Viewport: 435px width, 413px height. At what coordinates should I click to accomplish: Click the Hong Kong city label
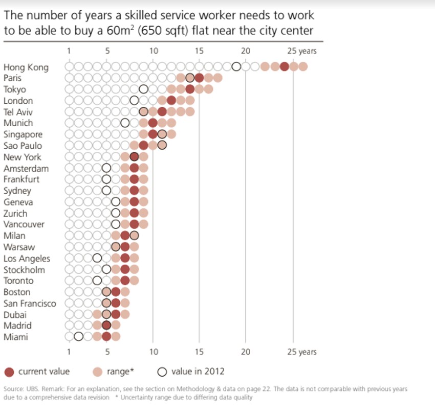tap(26, 67)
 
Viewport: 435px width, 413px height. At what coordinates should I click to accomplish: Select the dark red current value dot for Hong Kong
tap(285, 66)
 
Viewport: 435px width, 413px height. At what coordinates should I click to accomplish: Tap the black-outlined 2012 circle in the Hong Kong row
tap(236, 66)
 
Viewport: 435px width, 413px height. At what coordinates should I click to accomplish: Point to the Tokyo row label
tap(14, 89)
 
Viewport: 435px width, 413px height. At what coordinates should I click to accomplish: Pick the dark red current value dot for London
tap(171, 100)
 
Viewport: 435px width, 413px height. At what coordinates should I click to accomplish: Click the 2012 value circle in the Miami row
tap(78, 336)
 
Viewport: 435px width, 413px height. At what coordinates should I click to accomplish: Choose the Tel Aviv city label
tap(18, 112)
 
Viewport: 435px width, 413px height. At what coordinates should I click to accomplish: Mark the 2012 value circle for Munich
tap(125, 123)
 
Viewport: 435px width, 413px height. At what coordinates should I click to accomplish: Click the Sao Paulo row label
tap(23, 146)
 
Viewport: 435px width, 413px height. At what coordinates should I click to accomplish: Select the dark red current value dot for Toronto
tap(125, 280)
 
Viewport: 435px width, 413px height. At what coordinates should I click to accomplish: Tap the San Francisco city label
tap(30, 304)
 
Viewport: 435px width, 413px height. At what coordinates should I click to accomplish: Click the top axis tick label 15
tap(199, 51)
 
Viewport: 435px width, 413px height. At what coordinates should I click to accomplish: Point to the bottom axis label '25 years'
tap(301, 352)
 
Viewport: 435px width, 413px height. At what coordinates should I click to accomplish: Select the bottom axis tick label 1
tap(69, 352)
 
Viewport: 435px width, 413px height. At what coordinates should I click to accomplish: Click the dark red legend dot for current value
tap(9, 372)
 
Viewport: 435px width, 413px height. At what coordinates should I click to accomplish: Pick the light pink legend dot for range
tap(97, 372)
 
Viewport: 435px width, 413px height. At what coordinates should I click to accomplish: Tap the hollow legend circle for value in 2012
tap(162, 372)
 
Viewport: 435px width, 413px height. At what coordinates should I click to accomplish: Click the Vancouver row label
tap(24, 224)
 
